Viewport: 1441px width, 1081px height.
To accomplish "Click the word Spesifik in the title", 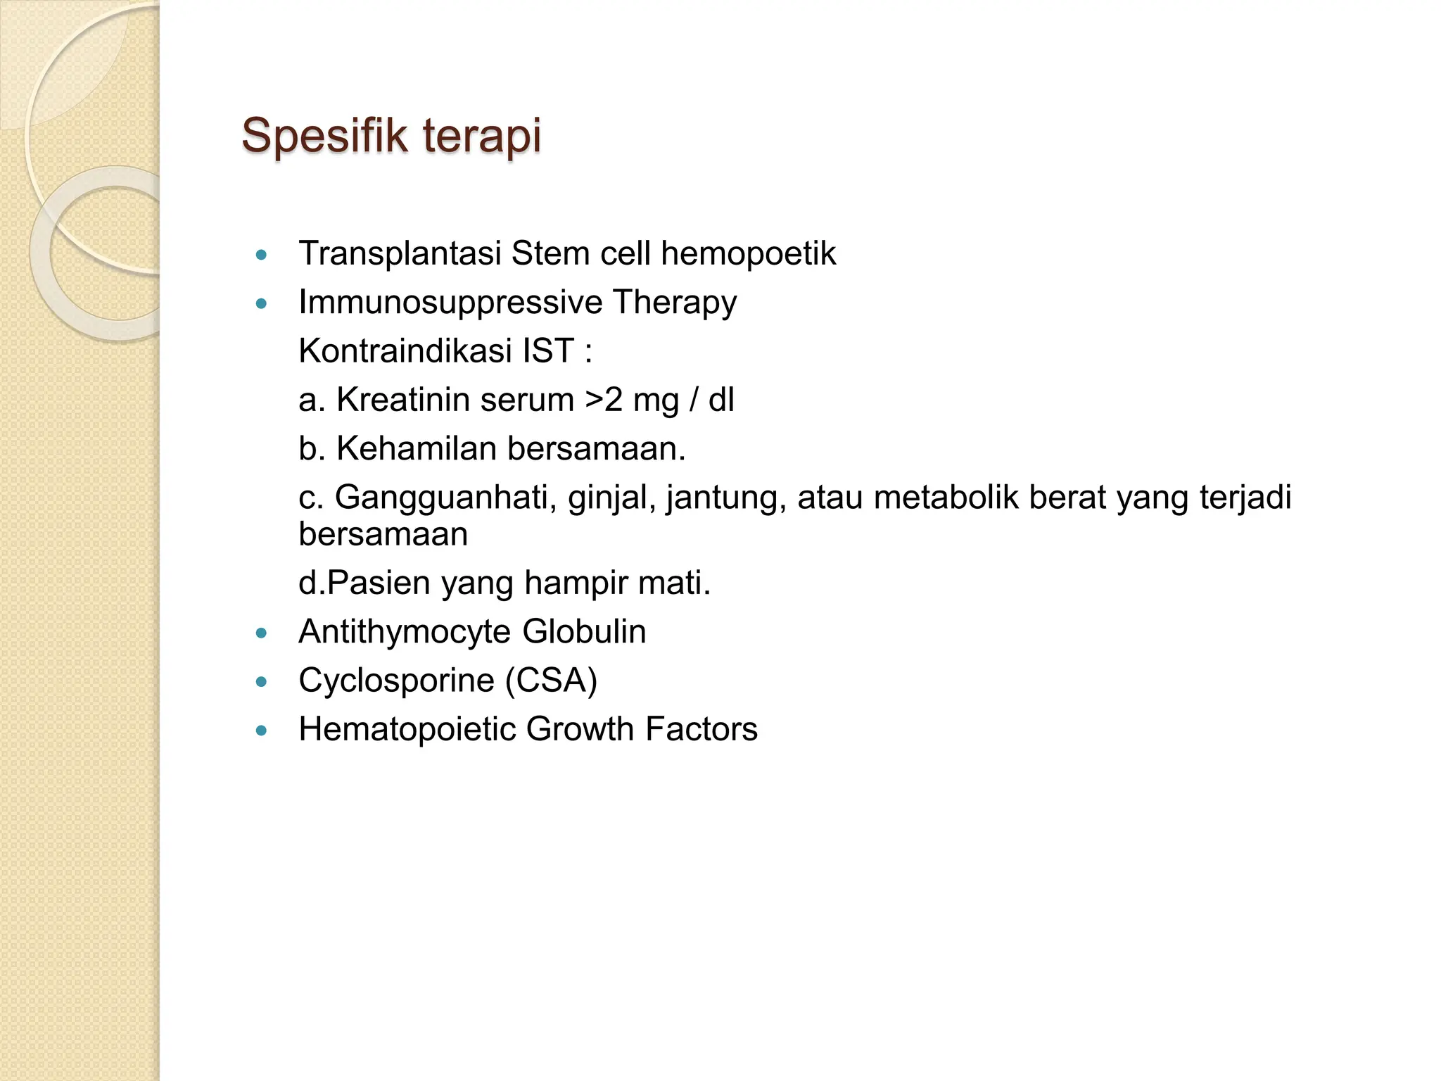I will (x=324, y=135).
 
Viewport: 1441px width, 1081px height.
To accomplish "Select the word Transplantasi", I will (x=400, y=253).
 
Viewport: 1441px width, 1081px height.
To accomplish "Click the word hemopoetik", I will (x=748, y=253).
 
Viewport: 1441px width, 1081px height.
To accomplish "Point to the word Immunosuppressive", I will (x=450, y=303).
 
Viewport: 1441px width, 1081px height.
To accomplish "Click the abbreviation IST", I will (x=548, y=350).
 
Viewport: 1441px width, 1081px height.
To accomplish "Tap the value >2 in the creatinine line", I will (x=604, y=400).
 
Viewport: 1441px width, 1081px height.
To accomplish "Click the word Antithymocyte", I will (x=404, y=631).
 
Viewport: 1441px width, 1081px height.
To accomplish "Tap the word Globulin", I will (x=584, y=631).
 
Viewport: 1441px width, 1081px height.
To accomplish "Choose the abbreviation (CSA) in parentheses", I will (x=551, y=681).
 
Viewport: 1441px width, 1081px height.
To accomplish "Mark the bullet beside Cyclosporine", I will (x=262, y=682).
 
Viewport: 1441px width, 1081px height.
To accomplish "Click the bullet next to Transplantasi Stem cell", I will (x=262, y=255).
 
